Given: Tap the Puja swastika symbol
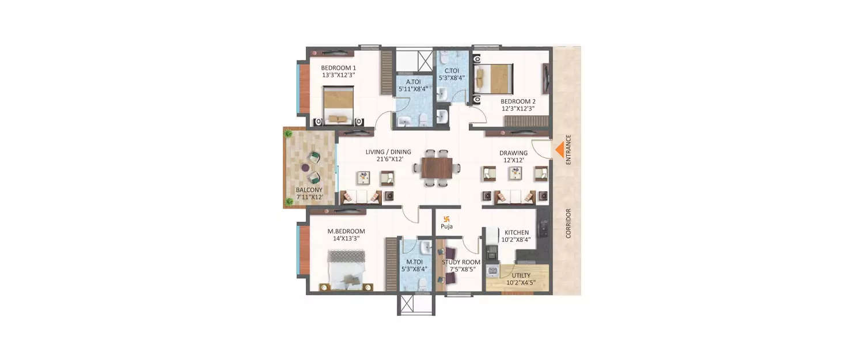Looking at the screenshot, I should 446,218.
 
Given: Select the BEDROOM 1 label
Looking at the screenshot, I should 338,67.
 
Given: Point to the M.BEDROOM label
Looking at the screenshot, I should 346,231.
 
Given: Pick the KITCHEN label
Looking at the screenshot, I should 517,232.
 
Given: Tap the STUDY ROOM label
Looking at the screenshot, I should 461,262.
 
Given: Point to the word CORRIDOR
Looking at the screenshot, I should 568,224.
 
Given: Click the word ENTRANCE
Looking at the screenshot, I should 568,150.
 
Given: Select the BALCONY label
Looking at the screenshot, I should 309,190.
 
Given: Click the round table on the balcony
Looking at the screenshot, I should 305,168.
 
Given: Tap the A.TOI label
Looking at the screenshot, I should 413,81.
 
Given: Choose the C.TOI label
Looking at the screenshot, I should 452,70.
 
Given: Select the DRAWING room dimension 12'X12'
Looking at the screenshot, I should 514,161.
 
